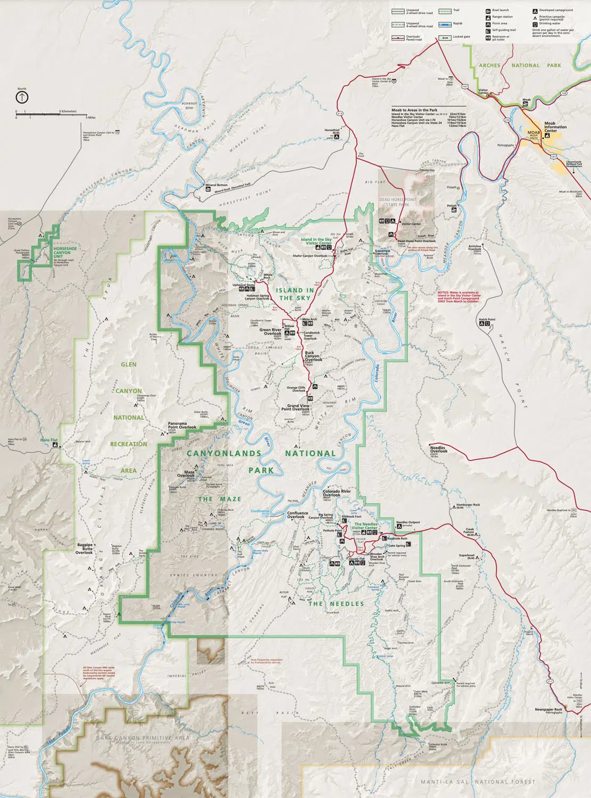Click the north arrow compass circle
pos(22,97)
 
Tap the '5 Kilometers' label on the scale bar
pos(68,111)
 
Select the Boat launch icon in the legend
pos(488,10)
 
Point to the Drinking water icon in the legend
pos(535,23)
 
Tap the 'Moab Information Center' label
pos(555,127)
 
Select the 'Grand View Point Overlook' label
pos(298,408)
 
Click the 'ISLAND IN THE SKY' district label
pos(295,294)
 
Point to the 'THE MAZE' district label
pos(220,499)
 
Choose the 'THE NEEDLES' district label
pos(336,604)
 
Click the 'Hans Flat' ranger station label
pos(48,440)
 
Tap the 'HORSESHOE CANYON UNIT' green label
pos(65,252)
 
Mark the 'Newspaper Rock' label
pos(548,709)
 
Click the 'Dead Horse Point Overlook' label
pos(416,241)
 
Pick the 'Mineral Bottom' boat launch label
pos(216,185)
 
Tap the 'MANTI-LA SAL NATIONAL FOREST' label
pos(478,782)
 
